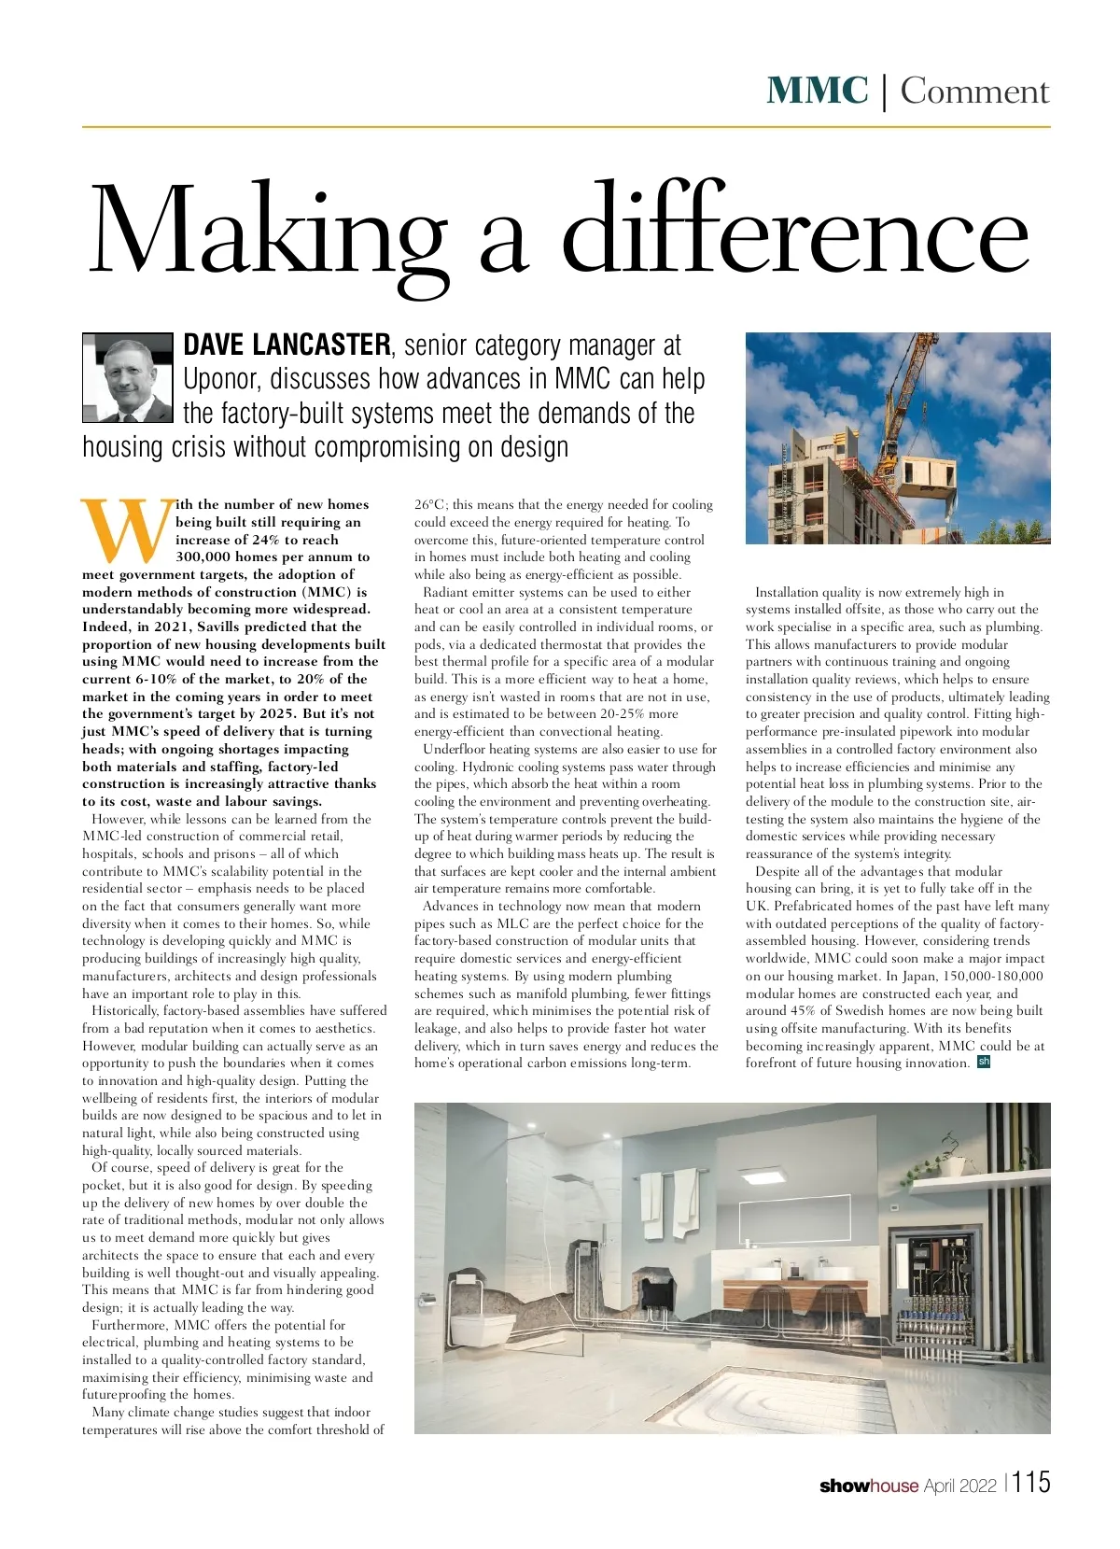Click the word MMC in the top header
[817, 91]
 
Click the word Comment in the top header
[974, 92]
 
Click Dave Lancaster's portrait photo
[128, 378]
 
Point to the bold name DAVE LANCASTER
[287, 345]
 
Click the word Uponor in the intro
[219, 379]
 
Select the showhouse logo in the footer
[868, 1486]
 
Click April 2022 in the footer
[960, 1486]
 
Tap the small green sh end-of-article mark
[983, 1062]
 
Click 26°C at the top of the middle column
[430, 504]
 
